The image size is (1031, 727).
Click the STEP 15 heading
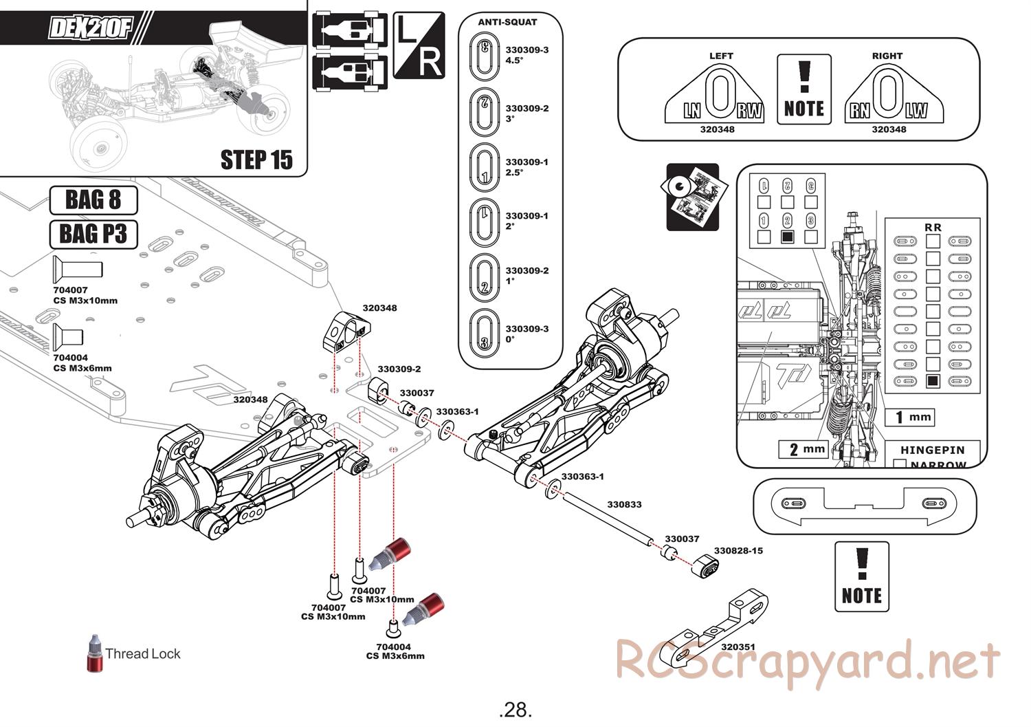(256, 160)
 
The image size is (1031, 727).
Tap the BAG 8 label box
(93, 200)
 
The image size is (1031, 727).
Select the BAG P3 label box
(93, 234)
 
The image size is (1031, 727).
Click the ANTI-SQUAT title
(507, 22)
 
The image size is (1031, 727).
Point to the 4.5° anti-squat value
(515, 60)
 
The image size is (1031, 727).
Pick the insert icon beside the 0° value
(484, 334)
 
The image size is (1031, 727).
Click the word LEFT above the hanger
(721, 56)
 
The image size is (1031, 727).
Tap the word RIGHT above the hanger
(887, 56)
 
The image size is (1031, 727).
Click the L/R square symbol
(419, 45)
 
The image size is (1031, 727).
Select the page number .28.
(515, 709)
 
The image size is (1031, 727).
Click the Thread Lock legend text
(143, 653)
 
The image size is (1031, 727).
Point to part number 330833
(624, 504)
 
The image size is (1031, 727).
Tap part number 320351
(738, 647)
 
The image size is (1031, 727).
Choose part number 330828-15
(738, 550)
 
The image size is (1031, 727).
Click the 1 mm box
(913, 417)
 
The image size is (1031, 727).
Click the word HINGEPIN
(932, 450)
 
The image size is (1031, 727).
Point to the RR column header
(933, 227)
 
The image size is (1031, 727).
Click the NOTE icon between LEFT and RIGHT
(803, 89)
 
